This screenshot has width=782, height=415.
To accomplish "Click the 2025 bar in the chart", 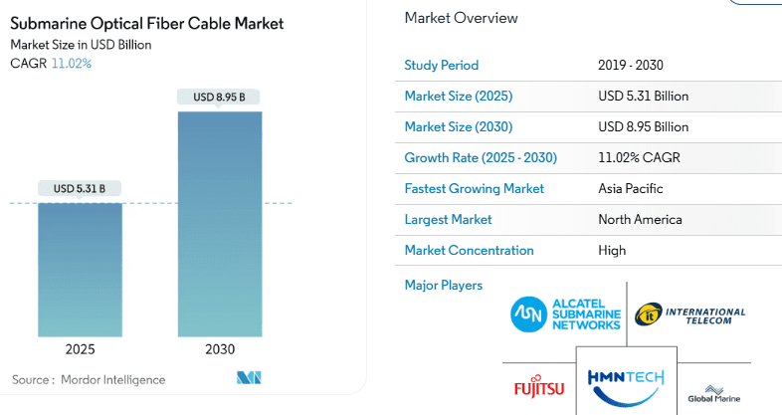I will point(81,269).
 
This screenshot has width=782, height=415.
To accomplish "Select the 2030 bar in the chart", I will point(220,224).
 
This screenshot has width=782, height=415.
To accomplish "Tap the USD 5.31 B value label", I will point(80,188).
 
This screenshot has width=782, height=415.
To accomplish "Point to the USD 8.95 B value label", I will point(220,97).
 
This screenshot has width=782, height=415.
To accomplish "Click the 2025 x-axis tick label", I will point(81,349).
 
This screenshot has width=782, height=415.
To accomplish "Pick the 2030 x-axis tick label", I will point(220,349).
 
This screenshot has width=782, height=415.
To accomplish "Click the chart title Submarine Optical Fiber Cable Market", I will point(146,23).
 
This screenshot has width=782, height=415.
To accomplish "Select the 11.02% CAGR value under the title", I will point(72,64).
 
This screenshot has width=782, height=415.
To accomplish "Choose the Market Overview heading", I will point(461,18).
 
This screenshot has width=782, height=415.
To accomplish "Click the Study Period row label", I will point(441,66).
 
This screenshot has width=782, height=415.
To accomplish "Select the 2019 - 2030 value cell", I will point(631,66).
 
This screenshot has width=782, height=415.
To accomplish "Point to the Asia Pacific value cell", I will point(631,188).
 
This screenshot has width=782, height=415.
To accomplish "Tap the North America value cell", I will point(640,219).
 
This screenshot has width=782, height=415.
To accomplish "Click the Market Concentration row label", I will point(469,250).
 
